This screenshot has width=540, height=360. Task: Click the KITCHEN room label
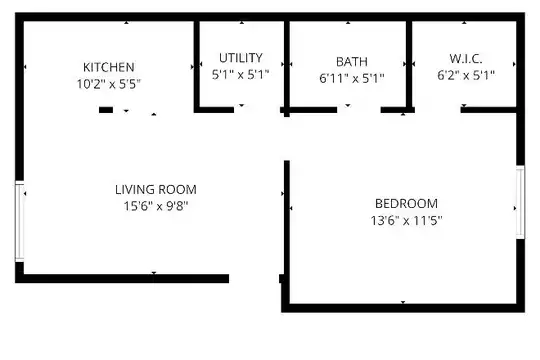point(109,67)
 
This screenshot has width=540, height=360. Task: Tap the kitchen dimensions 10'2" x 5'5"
point(109,84)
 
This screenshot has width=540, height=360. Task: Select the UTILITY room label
point(241,58)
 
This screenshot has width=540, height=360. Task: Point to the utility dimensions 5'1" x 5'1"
point(240,74)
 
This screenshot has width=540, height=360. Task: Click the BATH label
point(352,62)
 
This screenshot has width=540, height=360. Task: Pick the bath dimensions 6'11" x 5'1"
point(352,79)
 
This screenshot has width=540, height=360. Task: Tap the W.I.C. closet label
point(466,59)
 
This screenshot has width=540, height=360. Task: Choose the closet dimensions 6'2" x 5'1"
point(466,75)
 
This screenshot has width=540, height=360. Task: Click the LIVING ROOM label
point(156,190)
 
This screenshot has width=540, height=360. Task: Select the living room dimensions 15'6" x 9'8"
point(156,206)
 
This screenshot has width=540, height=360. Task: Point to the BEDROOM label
point(406,204)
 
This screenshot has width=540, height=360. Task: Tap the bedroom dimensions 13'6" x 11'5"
point(406,220)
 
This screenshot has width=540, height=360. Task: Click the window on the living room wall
point(20,221)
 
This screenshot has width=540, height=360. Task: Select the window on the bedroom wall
point(520,202)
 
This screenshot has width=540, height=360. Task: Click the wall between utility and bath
point(287,69)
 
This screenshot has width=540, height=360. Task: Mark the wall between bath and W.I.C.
point(409,66)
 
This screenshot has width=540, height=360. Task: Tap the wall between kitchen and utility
point(197,66)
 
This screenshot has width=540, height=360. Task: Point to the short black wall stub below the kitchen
point(106,110)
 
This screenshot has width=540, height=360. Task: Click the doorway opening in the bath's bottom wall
point(359,110)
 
